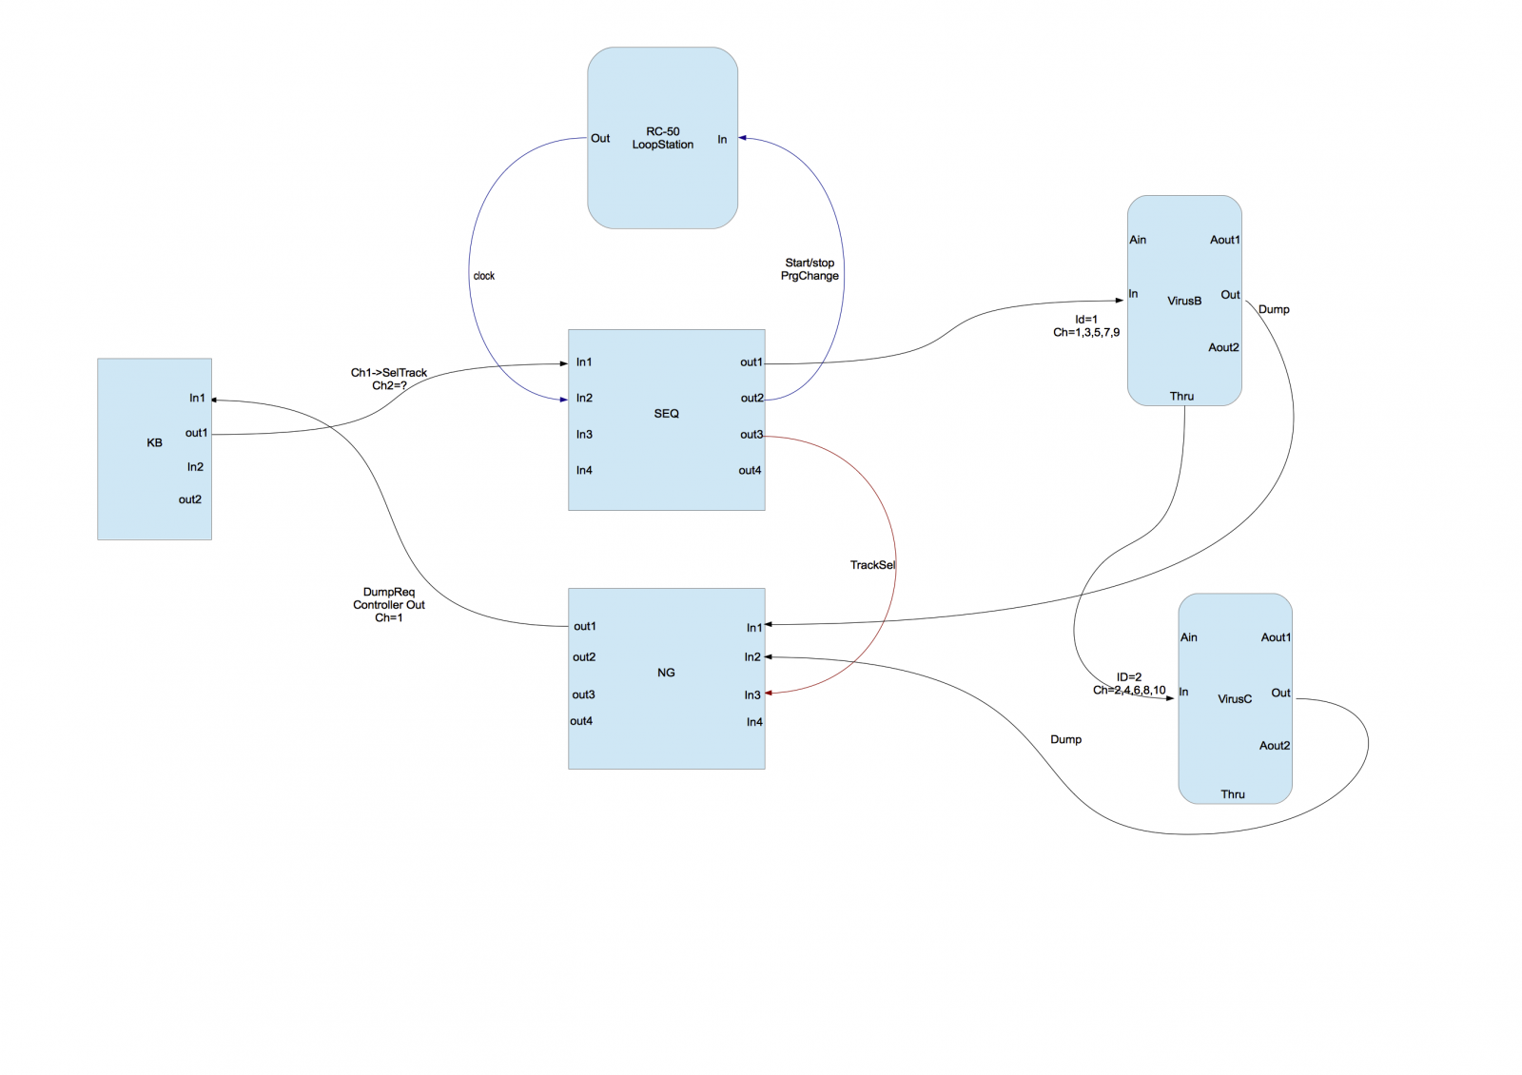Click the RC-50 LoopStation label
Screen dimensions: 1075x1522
pyautogui.click(x=663, y=138)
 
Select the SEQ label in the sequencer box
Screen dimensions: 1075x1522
pyautogui.click(x=666, y=414)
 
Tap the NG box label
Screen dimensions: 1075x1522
pyautogui.click(x=666, y=673)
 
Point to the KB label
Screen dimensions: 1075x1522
pyautogui.click(x=154, y=442)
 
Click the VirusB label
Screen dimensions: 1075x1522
pyautogui.click(x=1184, y=301)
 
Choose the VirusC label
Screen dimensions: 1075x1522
pyautogui.click(x=1235, y=699)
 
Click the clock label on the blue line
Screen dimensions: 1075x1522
pyautogui.click(x=484, y=276)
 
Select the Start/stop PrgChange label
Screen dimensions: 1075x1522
pyautogui.click(x=810, y=269)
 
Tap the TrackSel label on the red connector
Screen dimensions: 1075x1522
pyautogui.click(x=872, y=565)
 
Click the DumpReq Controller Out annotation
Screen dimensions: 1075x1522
pyautogui.click(x=389, y=605)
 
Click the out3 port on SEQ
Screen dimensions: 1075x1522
pyautogui.click(x=751, y=435)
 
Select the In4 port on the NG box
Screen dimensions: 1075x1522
pyautogui.click(x=754, y=722)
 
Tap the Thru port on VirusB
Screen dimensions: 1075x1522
pyautogui.click(x=1181, y=396)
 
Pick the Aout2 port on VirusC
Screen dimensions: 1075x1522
pyautogui.click(x=1275, y=746)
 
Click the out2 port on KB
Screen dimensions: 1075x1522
pyautogui.click(x=190, y=499)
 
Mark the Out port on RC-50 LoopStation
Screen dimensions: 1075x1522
pyautogui.click(x=600, y=138)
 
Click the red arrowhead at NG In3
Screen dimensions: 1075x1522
pyautogui.click(x=769, y=693)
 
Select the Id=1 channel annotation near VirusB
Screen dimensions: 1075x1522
pyautogui.click(x=1086, y=326)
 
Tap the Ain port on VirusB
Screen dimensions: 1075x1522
pyautogui.click(x=1138, y=240)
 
